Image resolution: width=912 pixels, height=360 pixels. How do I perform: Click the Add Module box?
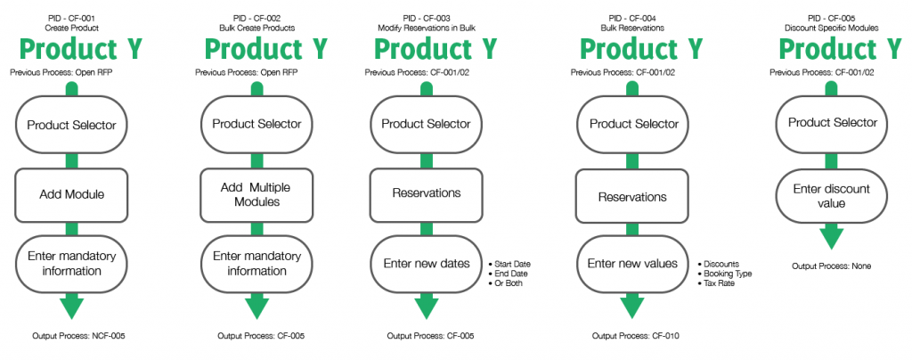coord(71,195)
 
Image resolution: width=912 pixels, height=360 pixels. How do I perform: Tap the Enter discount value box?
coord(833,196)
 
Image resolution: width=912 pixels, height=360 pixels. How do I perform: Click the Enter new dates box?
coord(427,264)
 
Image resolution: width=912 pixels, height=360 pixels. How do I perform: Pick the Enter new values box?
coord(632,264)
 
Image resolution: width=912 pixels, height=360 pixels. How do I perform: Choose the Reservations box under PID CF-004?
coord(632,197)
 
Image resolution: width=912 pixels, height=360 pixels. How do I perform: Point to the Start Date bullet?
coord(509,264)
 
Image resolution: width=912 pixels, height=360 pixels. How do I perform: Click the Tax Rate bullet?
coord(715,283)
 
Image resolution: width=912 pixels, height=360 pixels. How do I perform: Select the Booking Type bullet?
coord(724,274)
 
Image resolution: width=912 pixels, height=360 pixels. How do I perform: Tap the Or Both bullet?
coord(506,283)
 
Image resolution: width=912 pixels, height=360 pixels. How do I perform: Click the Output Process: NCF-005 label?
coord(78,336)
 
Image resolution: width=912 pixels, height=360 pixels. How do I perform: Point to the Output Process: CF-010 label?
coord(636,336)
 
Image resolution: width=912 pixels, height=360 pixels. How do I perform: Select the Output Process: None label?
coord(831,266)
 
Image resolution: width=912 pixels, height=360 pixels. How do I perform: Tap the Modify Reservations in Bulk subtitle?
coord(427,28)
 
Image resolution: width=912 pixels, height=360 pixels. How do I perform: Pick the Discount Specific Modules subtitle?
coord(831,28)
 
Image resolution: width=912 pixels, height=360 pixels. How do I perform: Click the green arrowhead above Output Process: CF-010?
coord(632,306)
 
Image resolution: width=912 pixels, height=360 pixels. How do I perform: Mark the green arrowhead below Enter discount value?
coord(832,237)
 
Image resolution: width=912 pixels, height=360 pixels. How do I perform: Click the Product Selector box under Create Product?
coord(71,125)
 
